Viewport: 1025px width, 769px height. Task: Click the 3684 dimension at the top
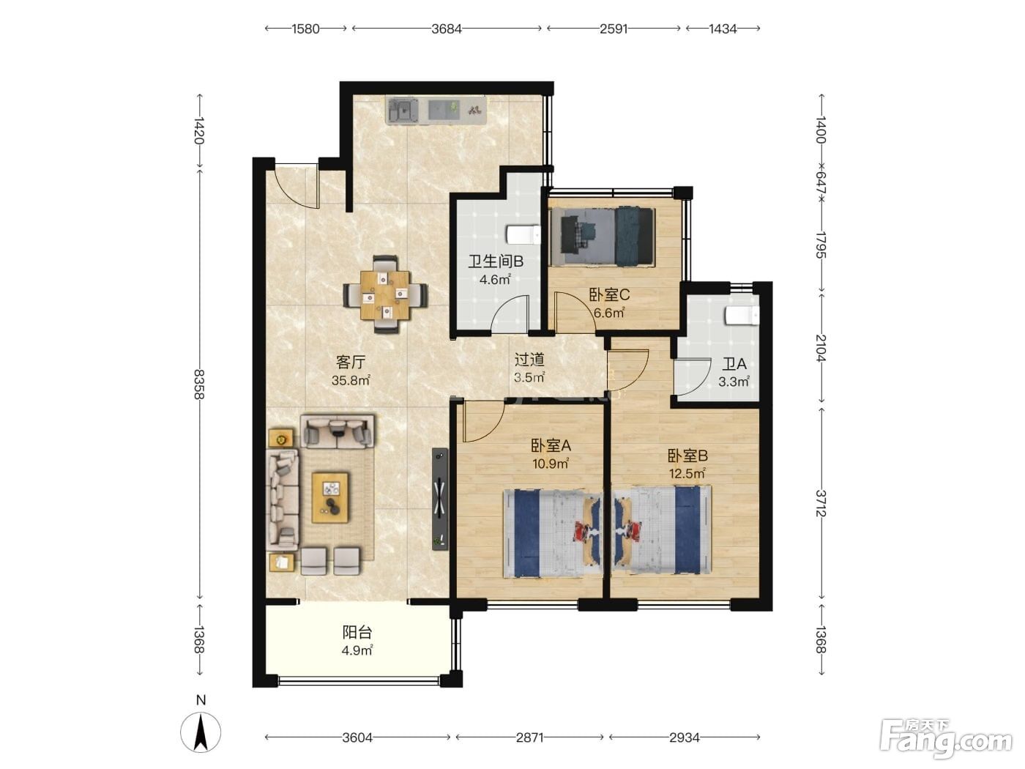(x=447, y=29)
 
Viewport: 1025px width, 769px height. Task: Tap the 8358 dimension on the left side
(x=199, y=384)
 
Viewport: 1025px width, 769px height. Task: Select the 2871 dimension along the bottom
(x=529, y=738)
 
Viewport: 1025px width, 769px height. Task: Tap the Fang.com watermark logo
(x=945, y=738)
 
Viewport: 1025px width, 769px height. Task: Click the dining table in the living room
(x=385, y=294)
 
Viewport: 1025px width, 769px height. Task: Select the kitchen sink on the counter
(x=403, y=111)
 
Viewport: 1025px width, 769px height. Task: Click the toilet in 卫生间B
(x=523, y=235)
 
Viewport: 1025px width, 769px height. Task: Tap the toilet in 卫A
(x=742, y=316)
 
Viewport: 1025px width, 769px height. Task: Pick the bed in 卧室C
(x=602, y=237)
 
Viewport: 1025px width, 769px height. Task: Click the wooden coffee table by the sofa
(x=331, y=497)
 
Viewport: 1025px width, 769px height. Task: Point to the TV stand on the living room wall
(x=440, y=499)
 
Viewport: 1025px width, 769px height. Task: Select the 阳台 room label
(x=357, y=633)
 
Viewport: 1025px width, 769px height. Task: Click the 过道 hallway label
(x=529, y=360)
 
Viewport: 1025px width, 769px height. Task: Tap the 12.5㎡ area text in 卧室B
(x=687, y=474)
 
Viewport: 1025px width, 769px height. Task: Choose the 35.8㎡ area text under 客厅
(x=351, y=380)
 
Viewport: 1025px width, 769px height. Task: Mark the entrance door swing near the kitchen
(x=295, y=187)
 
